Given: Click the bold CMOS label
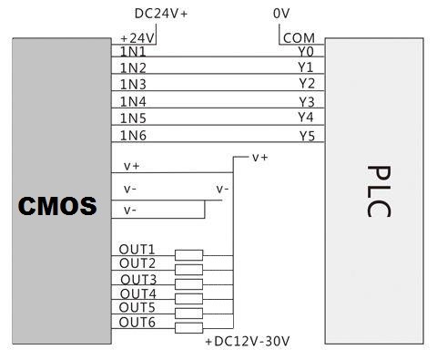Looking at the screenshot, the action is pyautogui.click(x=57, y=206).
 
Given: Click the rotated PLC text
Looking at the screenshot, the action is pyautogui.click(x=379, y=191).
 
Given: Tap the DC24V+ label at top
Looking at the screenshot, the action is pyautogui.click(x=161, y=14).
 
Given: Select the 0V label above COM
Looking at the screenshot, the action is pyautogui.click(x=281, y=14).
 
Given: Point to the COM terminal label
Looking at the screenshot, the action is pyautogui.click(x=299, y=38).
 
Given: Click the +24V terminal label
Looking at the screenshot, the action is pyautogui.click(x=137, y=38).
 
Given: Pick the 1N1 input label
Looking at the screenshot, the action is pyautogui.click(x=133, y=52).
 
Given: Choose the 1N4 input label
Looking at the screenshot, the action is pyautogui.click(x=133, y=101).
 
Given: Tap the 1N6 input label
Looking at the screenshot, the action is pyautogui.click(x=133, y=136).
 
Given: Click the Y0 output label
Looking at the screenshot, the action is pyautogui.click(x=306, y=52).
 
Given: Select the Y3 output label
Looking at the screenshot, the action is pyautogui.click(x=307, y=102).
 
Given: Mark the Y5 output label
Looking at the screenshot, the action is pyautogui.click(x=307, y=136).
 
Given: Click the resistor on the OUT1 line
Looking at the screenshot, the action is pyautogui.click(x=188, y=255).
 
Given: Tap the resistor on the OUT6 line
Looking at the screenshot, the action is pyautogui.click(x=188, y=328).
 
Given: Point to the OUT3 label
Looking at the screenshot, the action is pyautogui.click(x=138, y=280).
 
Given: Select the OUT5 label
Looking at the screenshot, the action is pyautogui.click(x=137, y=308).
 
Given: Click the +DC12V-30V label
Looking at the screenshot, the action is pyautogui.click(x=248, y=342).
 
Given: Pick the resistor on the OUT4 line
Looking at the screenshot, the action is pyautogui.click(x=188, y=299).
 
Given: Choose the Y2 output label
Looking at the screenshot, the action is pyautogui.click(x=307, y=84).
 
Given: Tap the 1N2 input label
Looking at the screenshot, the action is pyautogui.click(x=133, y=67).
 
